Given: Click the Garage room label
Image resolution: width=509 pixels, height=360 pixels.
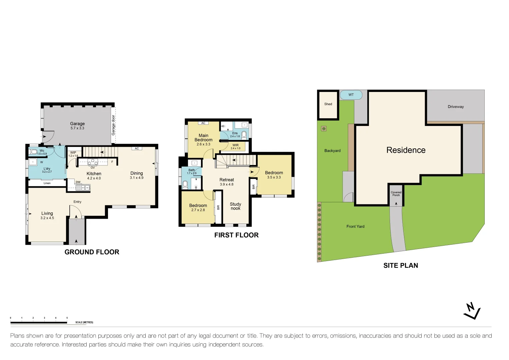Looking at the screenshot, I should point(77,124).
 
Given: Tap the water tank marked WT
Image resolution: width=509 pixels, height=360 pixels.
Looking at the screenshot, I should point(351,95).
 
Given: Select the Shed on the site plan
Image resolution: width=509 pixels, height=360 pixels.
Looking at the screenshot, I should point(328,105).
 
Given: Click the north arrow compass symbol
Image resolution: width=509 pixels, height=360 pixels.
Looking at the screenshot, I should point(472,311).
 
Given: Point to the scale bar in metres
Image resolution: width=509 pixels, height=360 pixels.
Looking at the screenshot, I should point(39,322).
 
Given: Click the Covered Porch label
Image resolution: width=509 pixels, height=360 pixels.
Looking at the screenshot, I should point(396,194).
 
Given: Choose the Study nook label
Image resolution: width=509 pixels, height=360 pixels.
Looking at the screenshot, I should point(235,206).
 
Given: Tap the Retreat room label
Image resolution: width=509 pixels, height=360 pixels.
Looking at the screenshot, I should point(227,180).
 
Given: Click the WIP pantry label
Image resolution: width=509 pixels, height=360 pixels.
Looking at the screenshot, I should point(73,153).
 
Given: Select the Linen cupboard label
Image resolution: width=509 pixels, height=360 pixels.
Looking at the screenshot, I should point(47,183).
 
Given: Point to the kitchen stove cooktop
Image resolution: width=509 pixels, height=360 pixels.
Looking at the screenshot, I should point(93,162).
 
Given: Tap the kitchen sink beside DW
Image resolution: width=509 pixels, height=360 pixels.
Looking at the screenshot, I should point(83,188).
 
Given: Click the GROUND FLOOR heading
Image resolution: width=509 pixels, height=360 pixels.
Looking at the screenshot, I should point(92,252).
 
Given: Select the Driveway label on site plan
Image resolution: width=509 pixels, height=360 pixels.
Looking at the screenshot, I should point(456,107).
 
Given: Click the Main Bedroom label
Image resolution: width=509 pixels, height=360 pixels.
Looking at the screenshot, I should point(203,138).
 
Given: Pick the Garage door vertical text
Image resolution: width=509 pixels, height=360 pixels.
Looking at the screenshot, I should point(113,125).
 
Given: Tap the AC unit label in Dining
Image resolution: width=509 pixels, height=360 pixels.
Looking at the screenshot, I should point(137,149).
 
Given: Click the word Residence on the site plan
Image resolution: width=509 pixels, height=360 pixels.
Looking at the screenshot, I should point(406,150).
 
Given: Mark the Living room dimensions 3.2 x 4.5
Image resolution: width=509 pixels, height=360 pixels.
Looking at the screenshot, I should point(47,218).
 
